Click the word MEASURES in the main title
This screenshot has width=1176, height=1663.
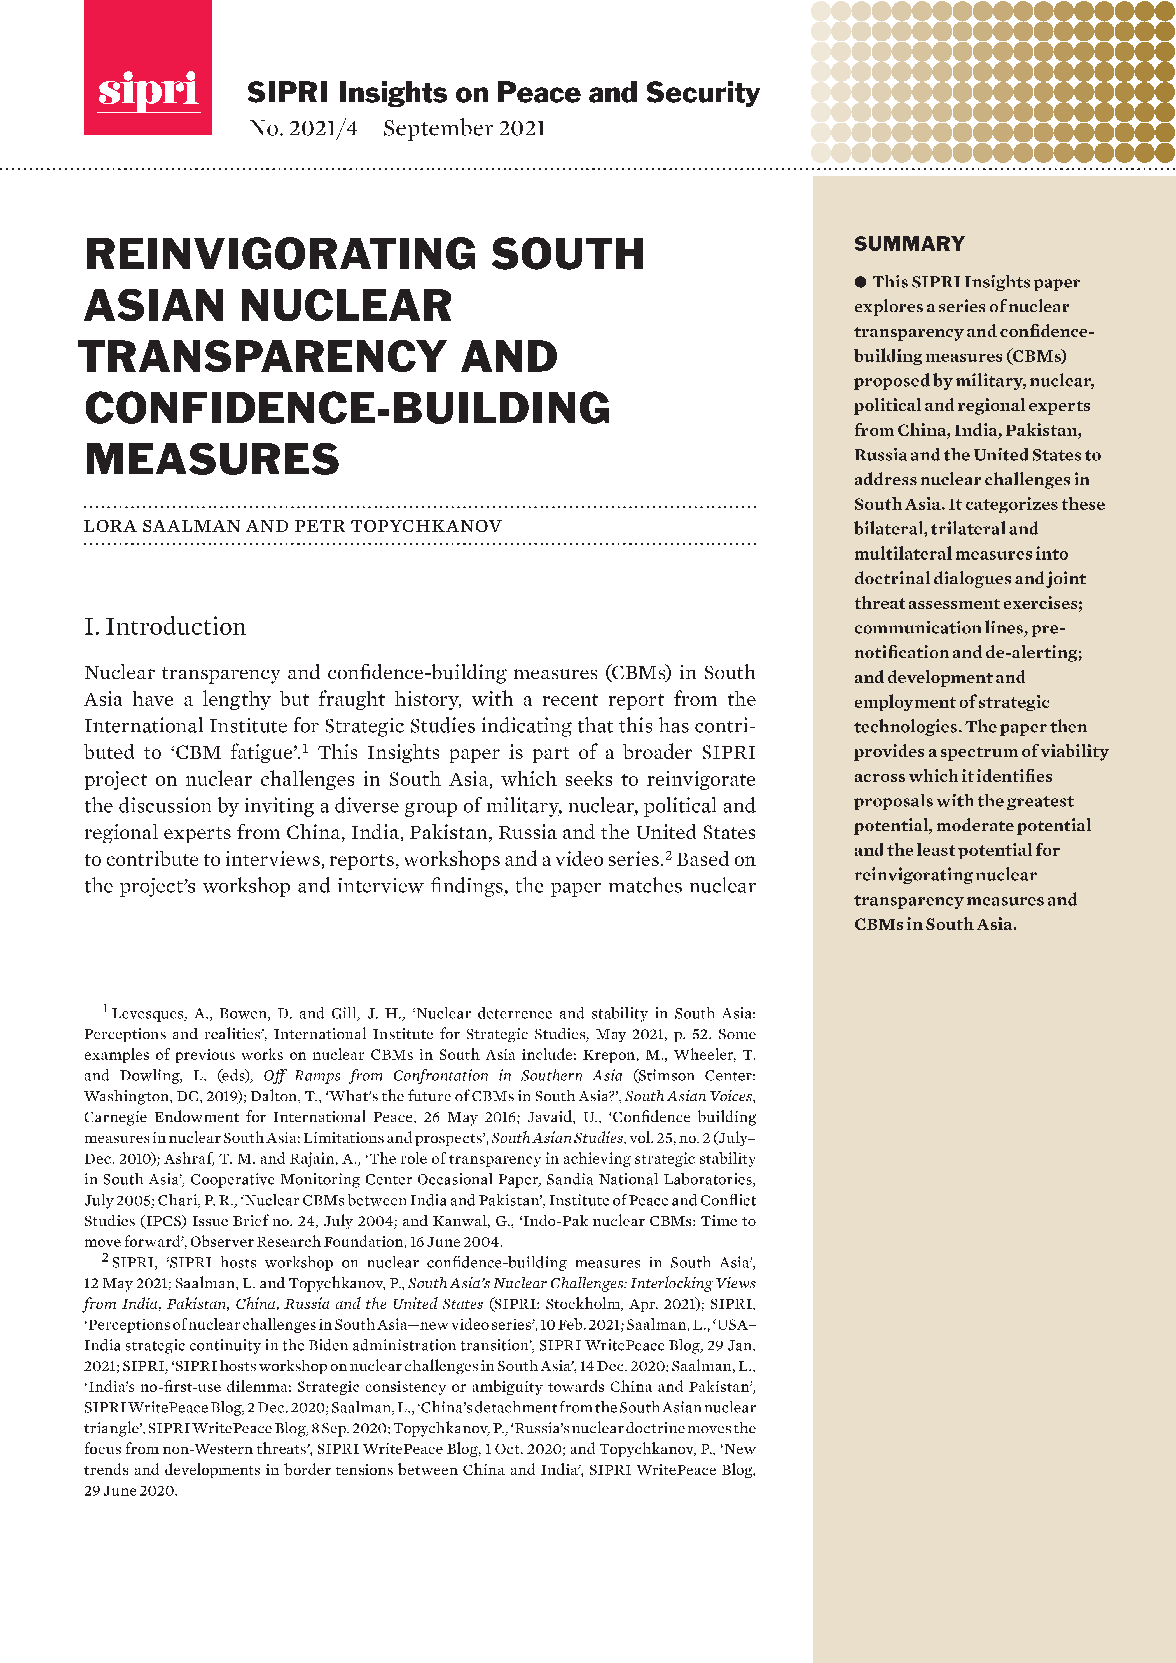[x=212, y=459]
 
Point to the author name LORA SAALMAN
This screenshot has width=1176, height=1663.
[x=162, y=526]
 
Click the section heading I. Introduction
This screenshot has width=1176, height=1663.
[x=165, y=626]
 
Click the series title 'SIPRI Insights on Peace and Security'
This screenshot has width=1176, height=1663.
[x=503, y=93]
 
